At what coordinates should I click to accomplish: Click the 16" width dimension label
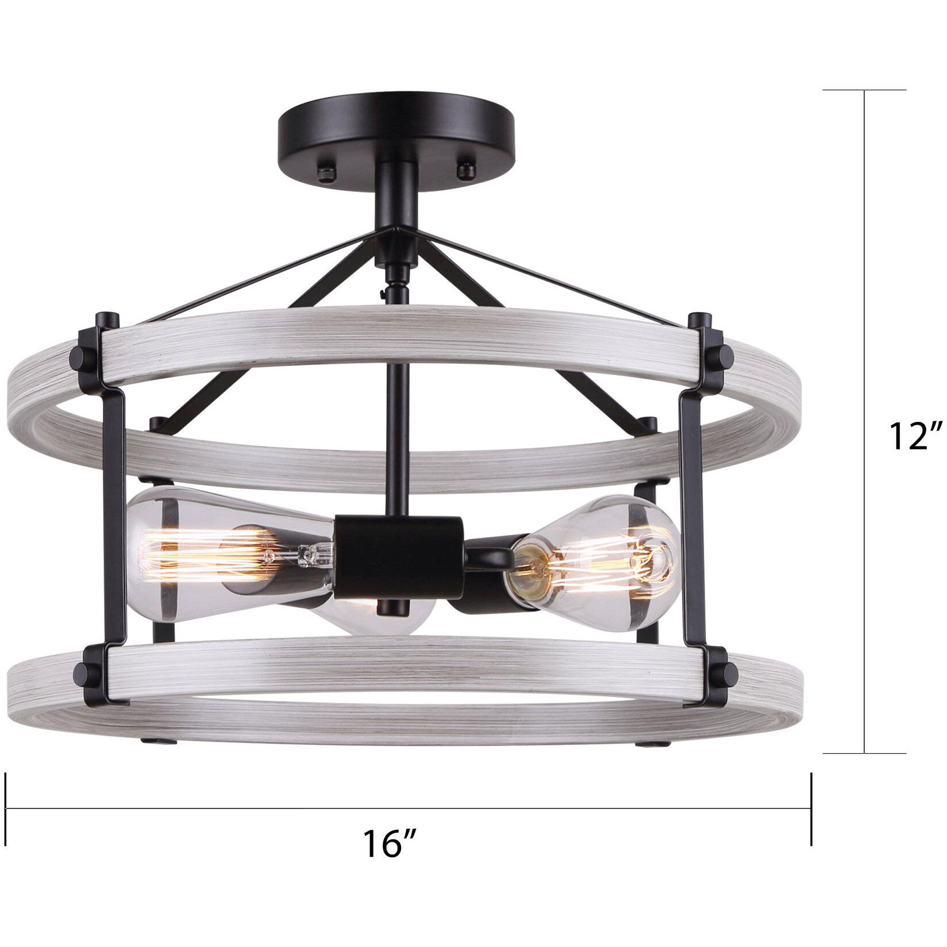(x=388, y=844)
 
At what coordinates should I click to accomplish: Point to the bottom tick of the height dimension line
(x=864, y=753)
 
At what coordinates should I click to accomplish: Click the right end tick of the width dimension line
(x=811, y=809)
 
